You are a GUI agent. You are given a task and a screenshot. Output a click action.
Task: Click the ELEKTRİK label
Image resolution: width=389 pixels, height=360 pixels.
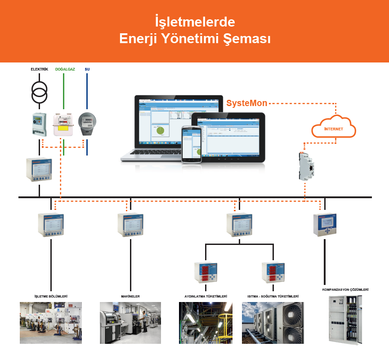pos(39,69)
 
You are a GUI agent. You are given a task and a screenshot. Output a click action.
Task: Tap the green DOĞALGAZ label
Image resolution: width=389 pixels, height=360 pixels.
pos(65,69)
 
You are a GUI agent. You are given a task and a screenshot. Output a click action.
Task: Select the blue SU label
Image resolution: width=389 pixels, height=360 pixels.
pos(87,69)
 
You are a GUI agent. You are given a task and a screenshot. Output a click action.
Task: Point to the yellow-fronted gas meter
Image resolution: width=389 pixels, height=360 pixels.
pos(63,124)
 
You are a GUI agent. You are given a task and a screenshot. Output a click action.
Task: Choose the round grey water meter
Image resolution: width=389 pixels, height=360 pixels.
pos(87,123)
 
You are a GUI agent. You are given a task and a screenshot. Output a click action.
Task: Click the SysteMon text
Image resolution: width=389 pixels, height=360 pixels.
pos(247,103)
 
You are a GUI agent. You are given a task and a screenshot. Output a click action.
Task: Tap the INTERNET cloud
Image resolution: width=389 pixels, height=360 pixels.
pos(334,127)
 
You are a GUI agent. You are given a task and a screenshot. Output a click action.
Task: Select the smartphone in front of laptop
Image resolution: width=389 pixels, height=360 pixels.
pos(191,144)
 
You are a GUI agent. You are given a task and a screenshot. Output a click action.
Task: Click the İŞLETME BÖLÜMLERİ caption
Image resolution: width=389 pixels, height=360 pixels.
pos(51,297)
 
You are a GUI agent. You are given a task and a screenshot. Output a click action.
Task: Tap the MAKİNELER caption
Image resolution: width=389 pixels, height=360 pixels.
pos(130,297)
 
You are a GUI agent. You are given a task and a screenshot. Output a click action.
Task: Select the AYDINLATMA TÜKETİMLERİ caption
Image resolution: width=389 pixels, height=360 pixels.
pos(206,297)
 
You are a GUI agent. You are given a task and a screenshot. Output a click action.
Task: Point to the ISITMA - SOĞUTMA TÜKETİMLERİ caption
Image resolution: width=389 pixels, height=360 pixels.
pos(273,297)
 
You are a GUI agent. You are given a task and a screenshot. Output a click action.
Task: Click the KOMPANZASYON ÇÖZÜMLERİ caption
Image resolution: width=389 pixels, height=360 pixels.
pos(345,290)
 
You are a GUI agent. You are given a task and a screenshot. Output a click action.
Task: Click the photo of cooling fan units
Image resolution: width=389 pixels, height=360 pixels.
pos(273,322)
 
